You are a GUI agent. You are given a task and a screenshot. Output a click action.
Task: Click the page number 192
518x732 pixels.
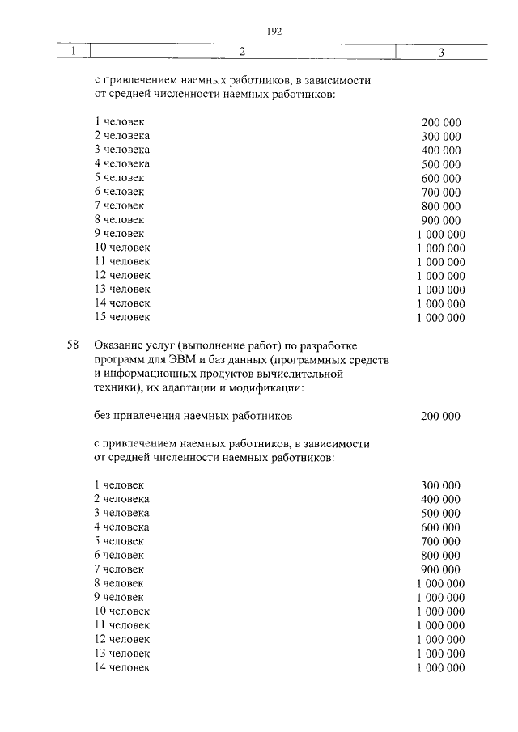point(273,32)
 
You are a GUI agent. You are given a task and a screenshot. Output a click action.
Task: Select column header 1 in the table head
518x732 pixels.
point(74,52)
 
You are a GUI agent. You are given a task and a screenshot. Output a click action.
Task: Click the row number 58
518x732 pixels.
point(73,345)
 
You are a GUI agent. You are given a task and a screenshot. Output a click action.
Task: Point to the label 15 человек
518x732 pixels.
point(121,317)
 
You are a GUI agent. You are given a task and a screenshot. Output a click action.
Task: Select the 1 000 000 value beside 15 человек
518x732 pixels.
point(440,318)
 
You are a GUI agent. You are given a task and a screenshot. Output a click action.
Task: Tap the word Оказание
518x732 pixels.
point(119,345)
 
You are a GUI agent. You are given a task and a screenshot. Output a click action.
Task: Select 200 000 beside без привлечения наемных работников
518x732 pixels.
point(440,417)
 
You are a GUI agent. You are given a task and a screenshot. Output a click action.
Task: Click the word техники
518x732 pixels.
point(117,388)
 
